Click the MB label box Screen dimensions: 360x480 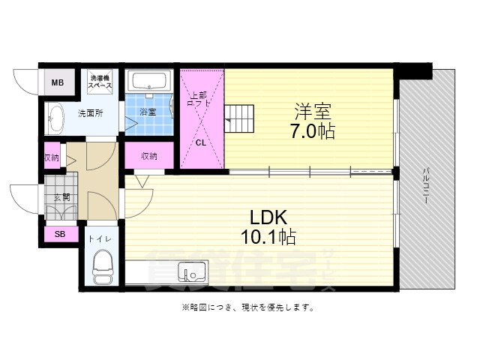click(58, 82)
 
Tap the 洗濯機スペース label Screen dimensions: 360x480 click(100, 82)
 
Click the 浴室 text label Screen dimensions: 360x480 click(148, 112)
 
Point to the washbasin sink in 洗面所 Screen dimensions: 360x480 click(57, 118)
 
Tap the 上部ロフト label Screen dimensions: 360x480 click(198, 99)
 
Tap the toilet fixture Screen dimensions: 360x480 click(101, 267)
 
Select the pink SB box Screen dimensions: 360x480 click(60, 235)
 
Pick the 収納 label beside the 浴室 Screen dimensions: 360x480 click(149, 156)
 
